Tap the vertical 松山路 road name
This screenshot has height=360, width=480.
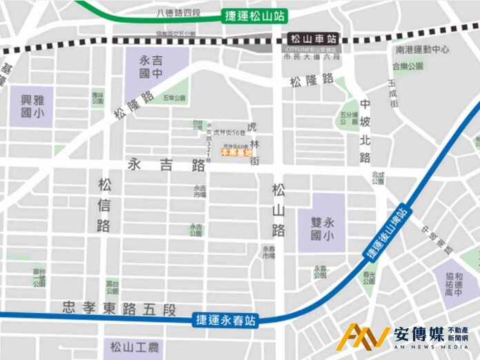click(278, 211)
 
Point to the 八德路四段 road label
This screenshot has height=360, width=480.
click(179, 12)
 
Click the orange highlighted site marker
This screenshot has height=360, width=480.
click(237, 152)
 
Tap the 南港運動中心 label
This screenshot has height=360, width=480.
click(422, 50)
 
